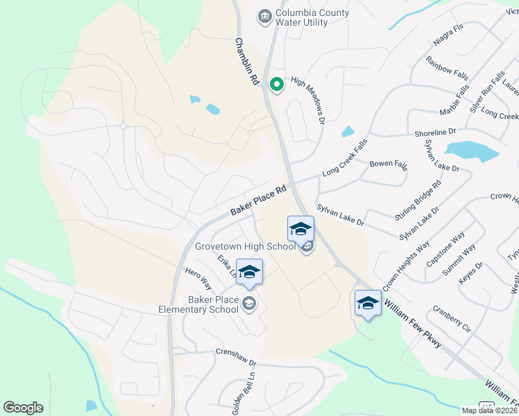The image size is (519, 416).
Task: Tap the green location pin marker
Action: click(x=276, y=85)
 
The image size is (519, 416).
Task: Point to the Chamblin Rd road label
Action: click(x=246, y=62)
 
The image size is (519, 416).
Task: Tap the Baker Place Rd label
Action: click(x=259, y=202)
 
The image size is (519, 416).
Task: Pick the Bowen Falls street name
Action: click(x=389, y=164)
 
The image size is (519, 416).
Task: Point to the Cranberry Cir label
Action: click(x=452, y=318)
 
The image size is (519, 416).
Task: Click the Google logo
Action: click(x=23, y=408)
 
